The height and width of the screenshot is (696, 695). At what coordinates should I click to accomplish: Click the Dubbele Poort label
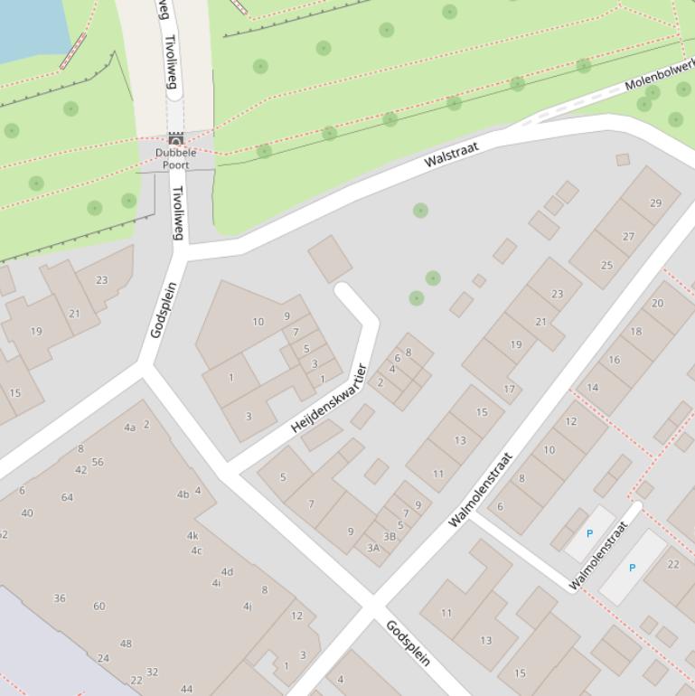tap(175, 159)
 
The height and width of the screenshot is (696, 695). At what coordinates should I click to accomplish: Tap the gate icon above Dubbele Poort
tap(176, 139)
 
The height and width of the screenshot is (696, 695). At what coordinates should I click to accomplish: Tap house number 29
tap(655, 202)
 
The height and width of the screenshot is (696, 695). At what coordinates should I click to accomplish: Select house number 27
tap(628, 236)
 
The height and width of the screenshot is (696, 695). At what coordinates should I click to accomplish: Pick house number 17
tap(509, 390)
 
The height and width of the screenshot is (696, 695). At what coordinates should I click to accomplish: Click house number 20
tap(657, 303)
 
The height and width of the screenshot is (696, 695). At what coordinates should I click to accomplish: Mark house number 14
tap(593, 387)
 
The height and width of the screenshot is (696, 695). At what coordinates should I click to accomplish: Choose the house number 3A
tap(373, 548)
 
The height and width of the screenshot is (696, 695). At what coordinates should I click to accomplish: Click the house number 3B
tap(390, 536)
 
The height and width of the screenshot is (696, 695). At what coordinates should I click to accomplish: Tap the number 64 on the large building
tap(67, 497)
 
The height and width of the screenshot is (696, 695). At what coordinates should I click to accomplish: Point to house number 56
tap(98, 462)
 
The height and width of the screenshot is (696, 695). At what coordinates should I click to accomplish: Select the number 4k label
tap(193, 536)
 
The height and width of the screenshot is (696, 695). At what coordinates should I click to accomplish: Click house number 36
tap(60, 597)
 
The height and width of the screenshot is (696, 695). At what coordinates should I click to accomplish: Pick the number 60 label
tap(99, 606)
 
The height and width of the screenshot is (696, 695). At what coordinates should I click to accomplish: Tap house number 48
tap(126, 644)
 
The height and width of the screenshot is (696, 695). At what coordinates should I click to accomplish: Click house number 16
tap(615, 359)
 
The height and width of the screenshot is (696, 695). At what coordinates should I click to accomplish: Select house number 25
tap(606, 265)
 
